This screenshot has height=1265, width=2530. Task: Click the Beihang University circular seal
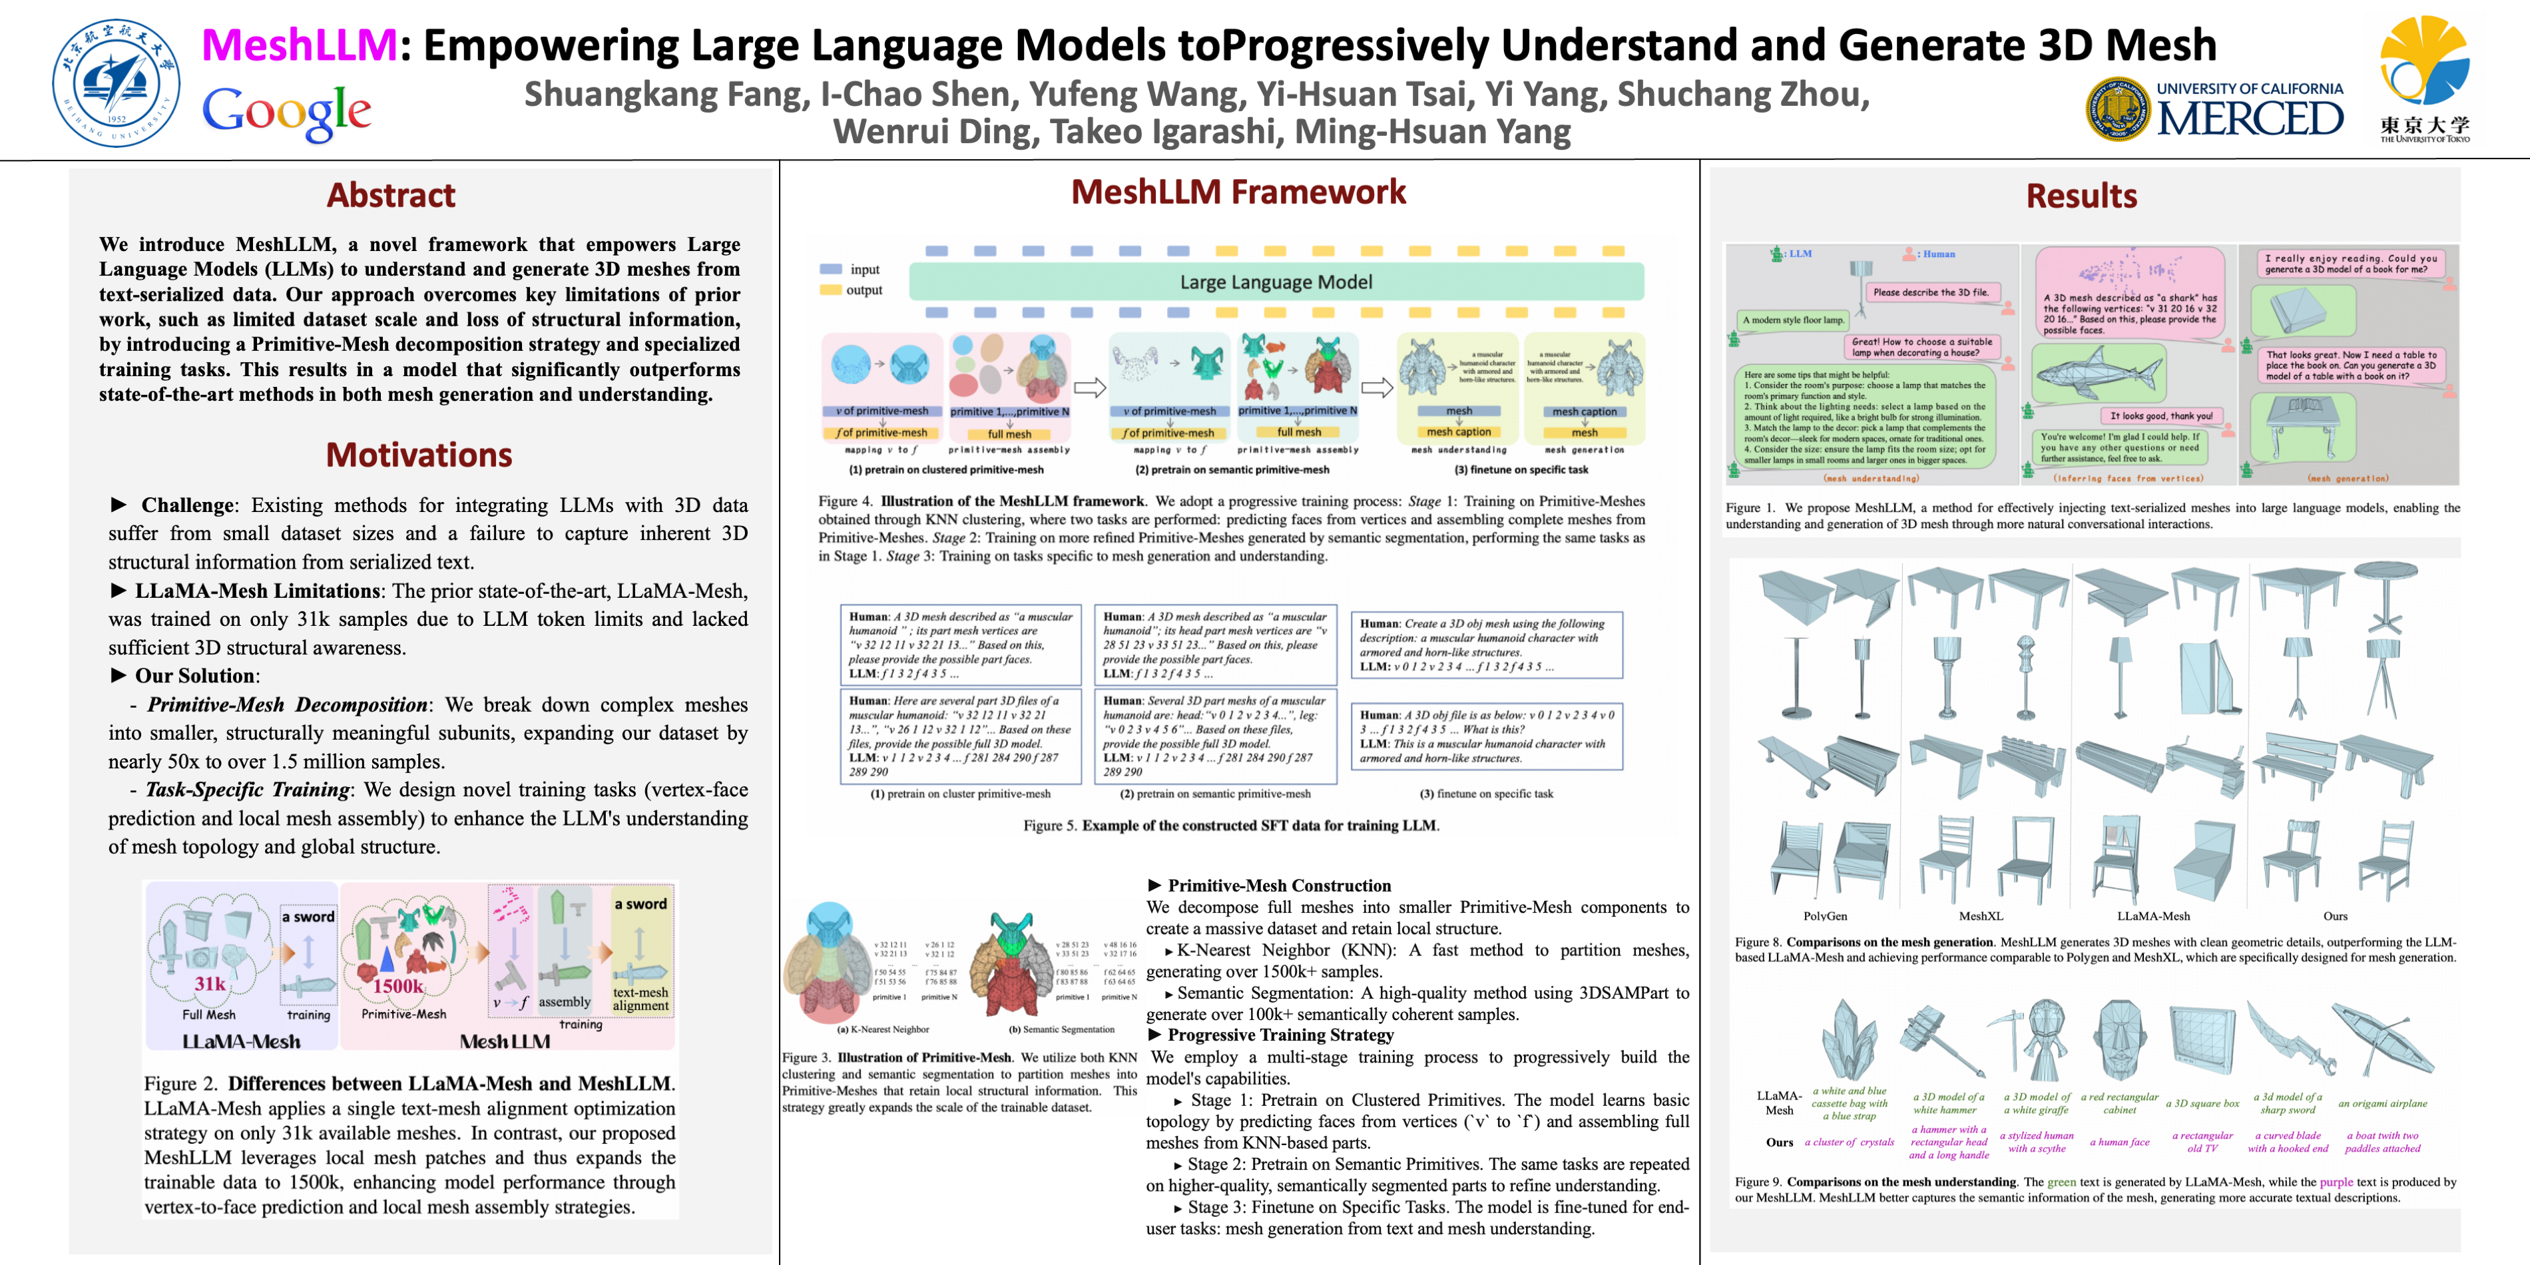click(116, 83)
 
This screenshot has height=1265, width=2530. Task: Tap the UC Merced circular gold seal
click(2117, 108)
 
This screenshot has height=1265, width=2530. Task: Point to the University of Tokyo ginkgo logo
click(2424, 64)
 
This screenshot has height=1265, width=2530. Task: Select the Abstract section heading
click(391, 196)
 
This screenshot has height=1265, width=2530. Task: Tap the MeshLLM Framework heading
click(1238, 192)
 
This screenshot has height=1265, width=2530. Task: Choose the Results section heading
click(2081, 196)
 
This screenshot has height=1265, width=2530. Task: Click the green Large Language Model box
click(1275, 282)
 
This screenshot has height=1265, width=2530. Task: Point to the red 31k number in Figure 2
click(209, 983)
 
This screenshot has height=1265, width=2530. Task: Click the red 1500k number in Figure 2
click(397, 986)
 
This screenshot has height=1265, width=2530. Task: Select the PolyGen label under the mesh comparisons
click(1825, 915)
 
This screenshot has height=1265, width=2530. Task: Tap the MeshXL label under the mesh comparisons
click(1980, 915)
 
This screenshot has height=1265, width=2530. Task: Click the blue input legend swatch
click(831, 269)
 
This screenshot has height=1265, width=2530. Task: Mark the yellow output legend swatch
click(831, 290)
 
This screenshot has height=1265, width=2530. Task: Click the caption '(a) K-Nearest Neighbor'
click(882, 1029)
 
